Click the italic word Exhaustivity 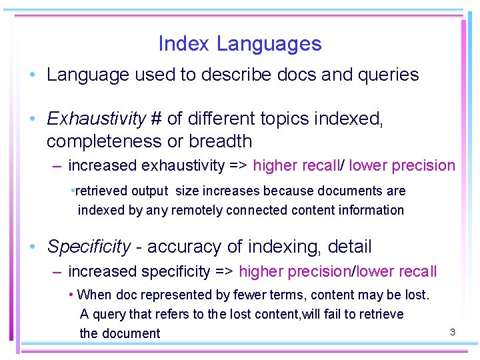click(96, 119)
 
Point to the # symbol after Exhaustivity click(157, 119)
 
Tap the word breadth click(221, 141)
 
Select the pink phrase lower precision click(402, 165)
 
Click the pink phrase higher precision click(294, 271)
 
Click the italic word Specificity click(89, 247)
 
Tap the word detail click(349, 247)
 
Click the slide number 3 click(452, 331)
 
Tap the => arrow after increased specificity click(223, 271)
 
